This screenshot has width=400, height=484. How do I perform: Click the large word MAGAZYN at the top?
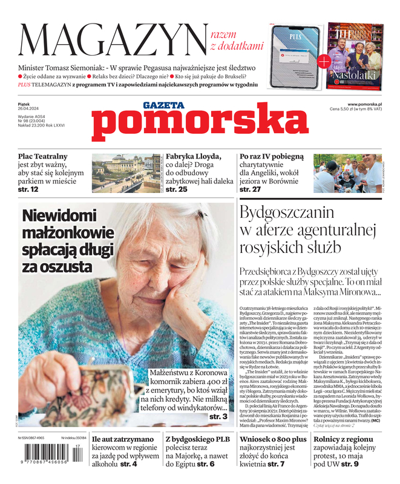pos(113,40)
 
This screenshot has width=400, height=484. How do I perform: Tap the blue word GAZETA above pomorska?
pos(163,105)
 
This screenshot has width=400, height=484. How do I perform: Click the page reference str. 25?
pos(177,190)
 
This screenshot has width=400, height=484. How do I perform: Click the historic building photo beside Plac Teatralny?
pos(126,173)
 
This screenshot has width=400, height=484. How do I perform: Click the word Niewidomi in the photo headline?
pos(59,217)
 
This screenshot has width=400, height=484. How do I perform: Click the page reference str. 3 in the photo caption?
pos(218,417)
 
